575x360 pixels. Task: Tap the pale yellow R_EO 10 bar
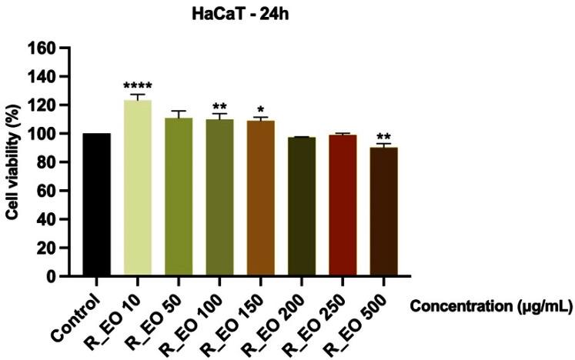pos(138,188)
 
